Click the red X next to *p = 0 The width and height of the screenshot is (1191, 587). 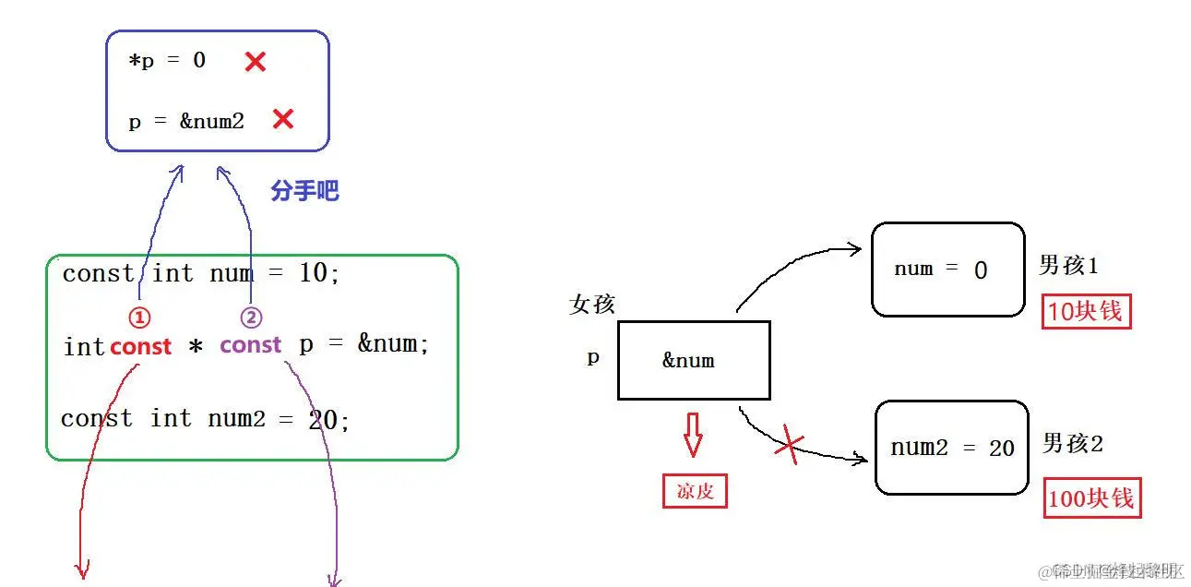point(255,62)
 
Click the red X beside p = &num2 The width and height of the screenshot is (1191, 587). point(282,119)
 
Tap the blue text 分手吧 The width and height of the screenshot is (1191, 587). point(304,191)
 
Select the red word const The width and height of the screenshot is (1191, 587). point(140,347)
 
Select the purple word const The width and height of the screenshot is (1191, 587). point(250,345)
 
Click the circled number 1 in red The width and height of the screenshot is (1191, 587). point(138,317)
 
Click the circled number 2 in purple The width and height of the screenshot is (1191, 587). point(251,317)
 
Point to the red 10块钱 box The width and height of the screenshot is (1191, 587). point(1087,312)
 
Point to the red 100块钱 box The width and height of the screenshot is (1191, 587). point(1090,498)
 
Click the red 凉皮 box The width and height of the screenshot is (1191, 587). point(695,491)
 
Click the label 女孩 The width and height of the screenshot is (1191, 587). point(591,305)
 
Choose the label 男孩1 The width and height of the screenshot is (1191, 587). point(1068,266)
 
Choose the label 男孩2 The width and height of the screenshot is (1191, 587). point(1072,444)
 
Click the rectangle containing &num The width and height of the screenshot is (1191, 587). point(693,360)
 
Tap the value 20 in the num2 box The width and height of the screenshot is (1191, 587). point(1001,449)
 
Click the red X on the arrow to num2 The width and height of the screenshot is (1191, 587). point(789,445)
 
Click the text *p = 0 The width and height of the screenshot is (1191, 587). point(167,62)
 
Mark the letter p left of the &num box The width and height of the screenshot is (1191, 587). point(593,357)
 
